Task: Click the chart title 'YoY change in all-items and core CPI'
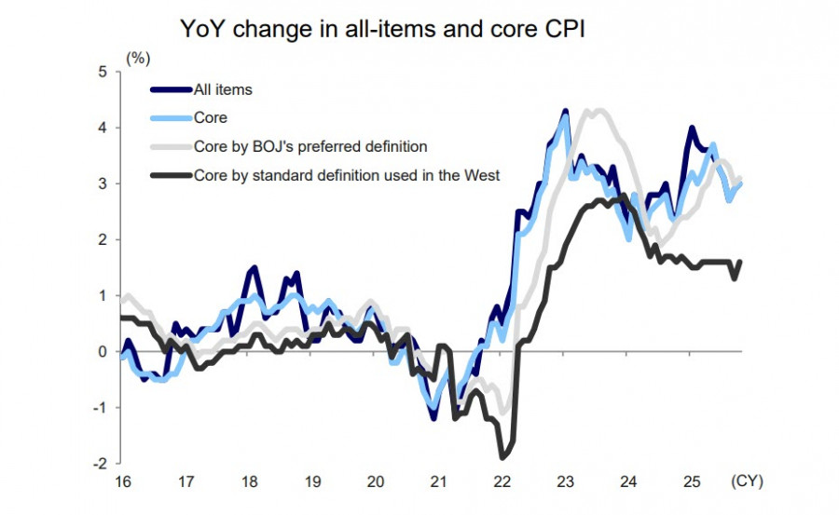(382, 30)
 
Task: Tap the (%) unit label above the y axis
(138, 58)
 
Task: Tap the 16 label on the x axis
(123, 482)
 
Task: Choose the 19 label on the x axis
(312, 482)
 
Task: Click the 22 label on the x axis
(502, 482)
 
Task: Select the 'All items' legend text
(223, 90)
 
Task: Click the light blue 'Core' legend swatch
(171, 118)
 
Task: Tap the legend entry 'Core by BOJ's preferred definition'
(309, 146)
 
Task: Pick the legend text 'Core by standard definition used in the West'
(347, 174)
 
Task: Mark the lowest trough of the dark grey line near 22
(503, 456)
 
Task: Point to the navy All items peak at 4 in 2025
(691, 129)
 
